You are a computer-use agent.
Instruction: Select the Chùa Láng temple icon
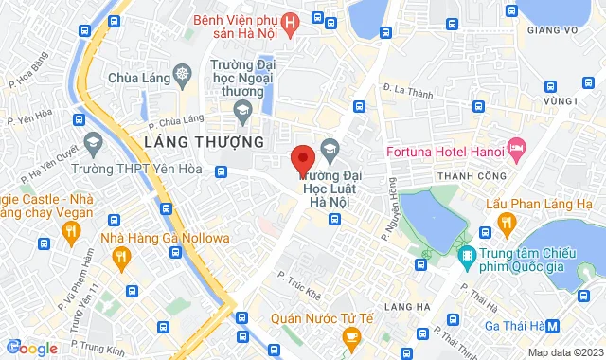click(x=180, y=76)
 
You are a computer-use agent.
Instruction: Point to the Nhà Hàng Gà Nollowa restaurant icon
click(x=120, y=257)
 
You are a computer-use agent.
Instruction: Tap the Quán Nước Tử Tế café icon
click(x=351, y=336)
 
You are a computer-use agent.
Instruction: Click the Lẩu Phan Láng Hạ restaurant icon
click(x=508, y=223)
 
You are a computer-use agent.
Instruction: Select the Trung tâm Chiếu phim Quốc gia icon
click(x=466, y=257)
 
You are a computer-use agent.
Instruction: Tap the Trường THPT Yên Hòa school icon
click(x=93, y=144)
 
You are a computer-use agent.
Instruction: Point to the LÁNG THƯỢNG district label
click(x=205, y=141)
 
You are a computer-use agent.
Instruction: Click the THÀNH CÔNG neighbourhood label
click(x=462, y=176)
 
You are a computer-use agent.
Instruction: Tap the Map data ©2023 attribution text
click(x=564, y=352)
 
